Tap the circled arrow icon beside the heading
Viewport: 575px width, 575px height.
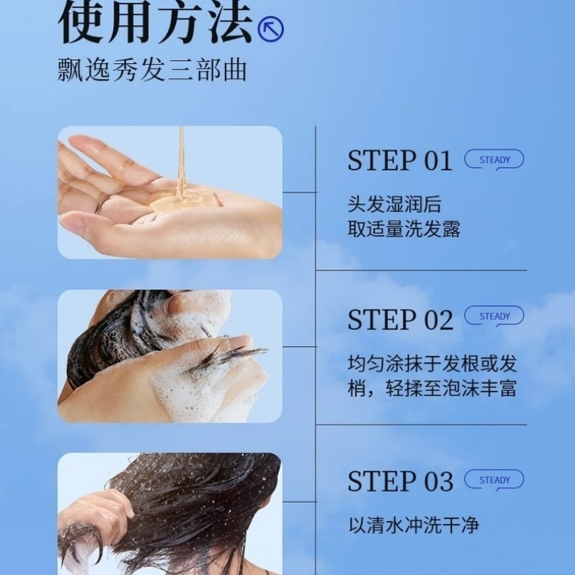[x=270, y=30]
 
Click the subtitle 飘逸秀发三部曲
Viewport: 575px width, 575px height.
[x=152, y=70]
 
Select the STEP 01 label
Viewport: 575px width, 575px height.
[x=400, y=161]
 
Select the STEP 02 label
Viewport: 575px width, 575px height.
[x=400, y=320]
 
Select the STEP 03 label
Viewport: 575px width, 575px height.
[x=400, y=482]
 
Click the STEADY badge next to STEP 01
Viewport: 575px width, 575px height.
[x=494, y=160]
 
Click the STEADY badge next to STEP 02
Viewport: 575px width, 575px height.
[x=494, y=317]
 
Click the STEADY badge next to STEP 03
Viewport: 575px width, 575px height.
[x=494, y=480]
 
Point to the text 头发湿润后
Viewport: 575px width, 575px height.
[x=394, y=204]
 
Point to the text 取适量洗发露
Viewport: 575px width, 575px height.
[x=404, y=229]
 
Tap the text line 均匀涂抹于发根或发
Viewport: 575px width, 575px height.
[x=432, y=362]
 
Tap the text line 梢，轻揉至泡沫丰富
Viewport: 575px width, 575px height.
[x=432, y=388]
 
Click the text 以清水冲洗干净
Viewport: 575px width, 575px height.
[x=414, y=525]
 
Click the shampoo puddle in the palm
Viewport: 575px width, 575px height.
[x=179, y=201]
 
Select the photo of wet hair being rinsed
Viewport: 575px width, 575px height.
[x=169, y=513]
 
